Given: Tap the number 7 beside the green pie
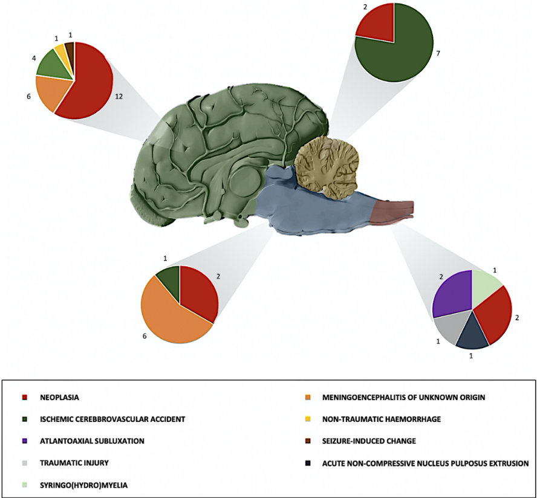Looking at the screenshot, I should tap(437, 54).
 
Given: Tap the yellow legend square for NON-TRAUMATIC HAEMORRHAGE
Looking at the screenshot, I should tap(325, 419).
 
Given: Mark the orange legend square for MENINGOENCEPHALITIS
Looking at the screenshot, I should tap(325, 398).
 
